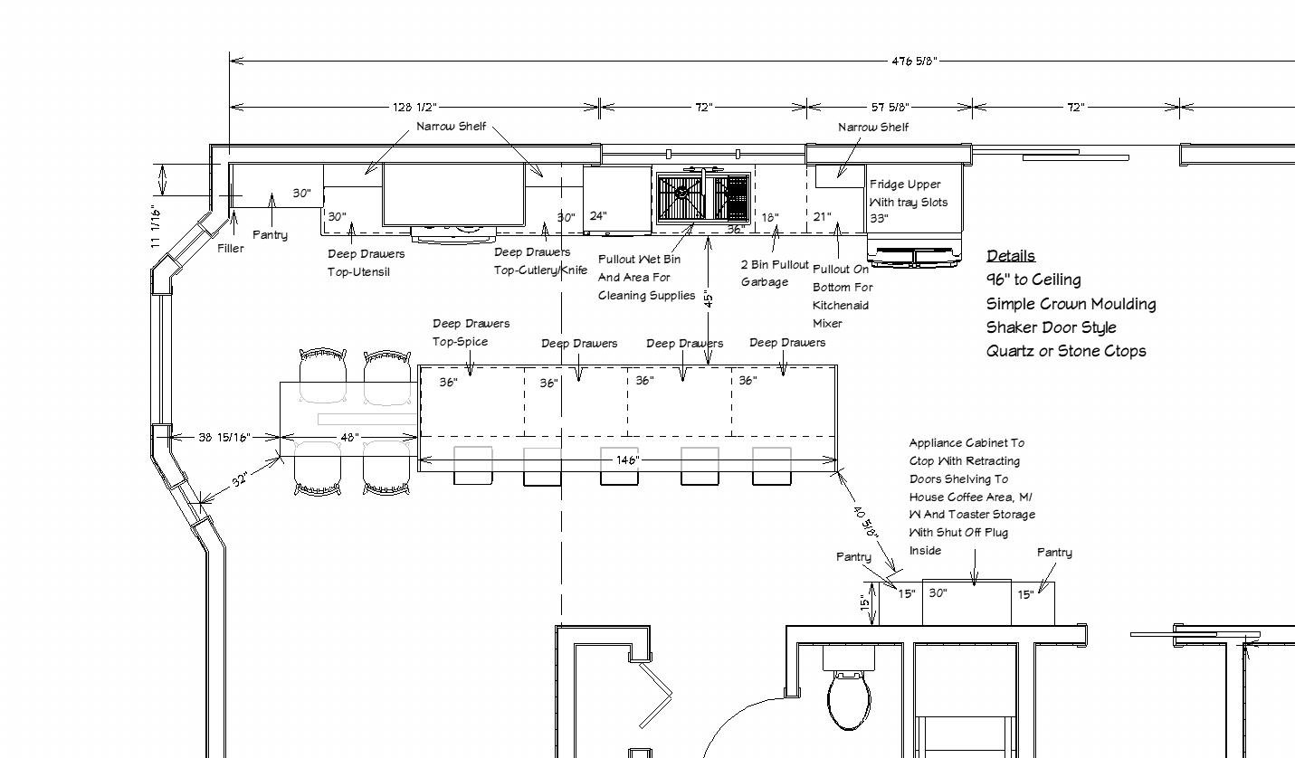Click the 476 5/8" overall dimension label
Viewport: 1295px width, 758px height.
(914, 62)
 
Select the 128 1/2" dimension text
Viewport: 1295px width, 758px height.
(414, 108)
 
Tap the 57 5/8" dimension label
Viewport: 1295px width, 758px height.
(890, 108)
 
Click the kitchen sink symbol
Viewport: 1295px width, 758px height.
(703, 197)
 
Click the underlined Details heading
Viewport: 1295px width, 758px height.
(1010, 256)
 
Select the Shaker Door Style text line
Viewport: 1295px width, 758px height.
(1051, 327)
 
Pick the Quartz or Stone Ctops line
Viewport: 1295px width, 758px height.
(1065, 351)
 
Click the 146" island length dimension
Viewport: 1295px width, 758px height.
(627, 460)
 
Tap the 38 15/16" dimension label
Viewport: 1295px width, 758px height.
(224, 438)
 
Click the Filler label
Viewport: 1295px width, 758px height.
(230, 248)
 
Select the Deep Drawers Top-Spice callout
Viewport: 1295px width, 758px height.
(471, 332)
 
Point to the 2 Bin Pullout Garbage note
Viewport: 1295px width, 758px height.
(775, 273)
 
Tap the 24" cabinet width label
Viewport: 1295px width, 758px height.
(598, 216)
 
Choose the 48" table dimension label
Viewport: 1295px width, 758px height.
(349, 438)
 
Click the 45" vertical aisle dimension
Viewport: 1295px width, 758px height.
(709, 298)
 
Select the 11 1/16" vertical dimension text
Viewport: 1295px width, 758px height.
(156, 226)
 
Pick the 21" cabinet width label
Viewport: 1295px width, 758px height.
(822, 216)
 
